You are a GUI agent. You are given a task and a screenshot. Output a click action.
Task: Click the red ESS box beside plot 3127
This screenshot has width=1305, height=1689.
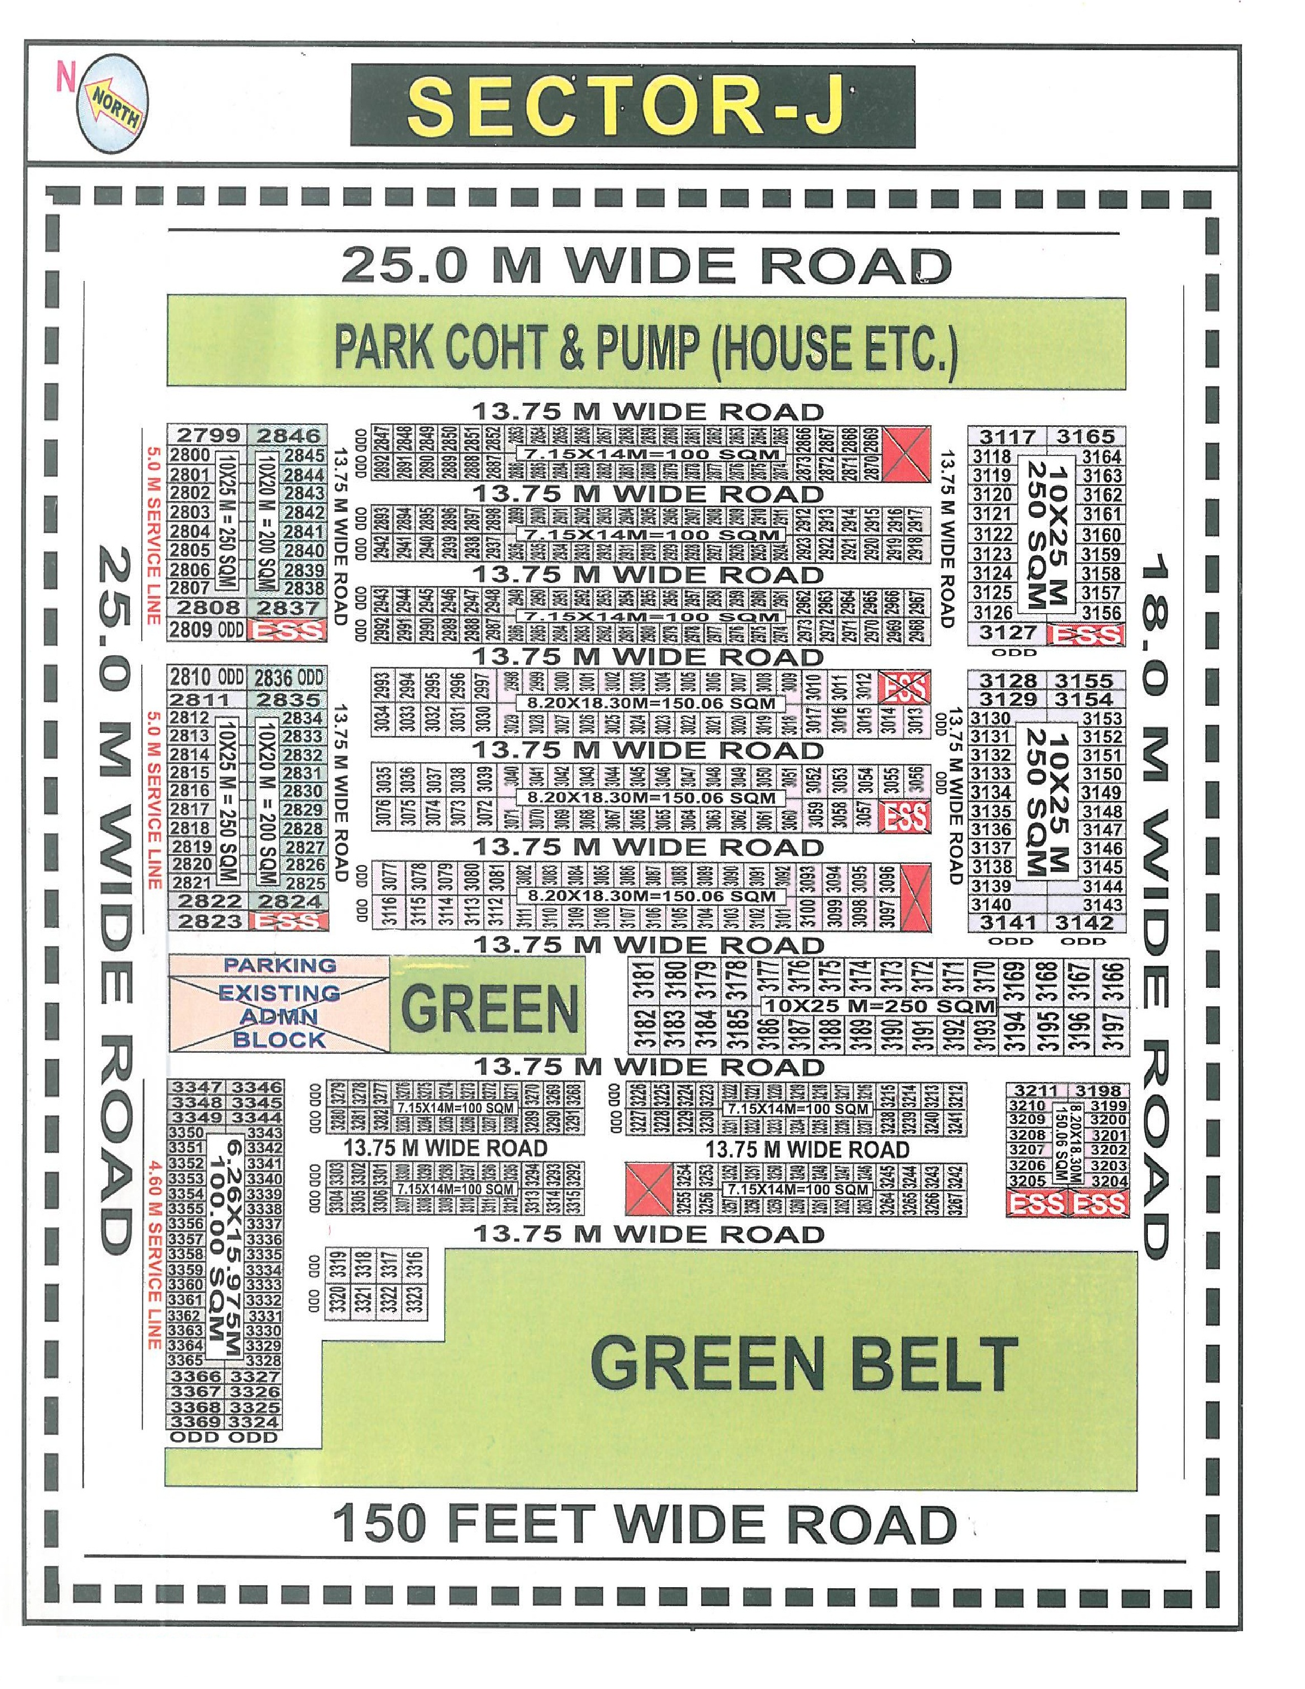pos(1086,634)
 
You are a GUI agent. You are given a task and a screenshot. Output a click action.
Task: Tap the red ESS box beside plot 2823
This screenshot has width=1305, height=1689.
pos(289,921)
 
